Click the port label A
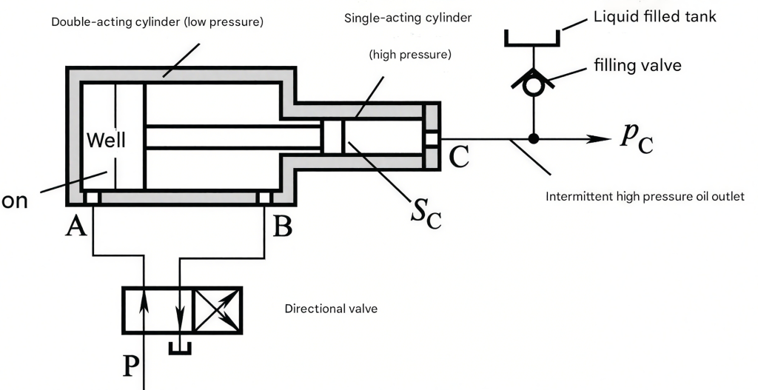coord(76,226)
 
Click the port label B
coord(283,226)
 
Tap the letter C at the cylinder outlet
coord(459,157)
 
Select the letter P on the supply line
coord(129,366)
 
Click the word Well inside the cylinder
coord(106,140)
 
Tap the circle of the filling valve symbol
coord(533,86)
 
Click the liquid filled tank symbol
coord(532,38)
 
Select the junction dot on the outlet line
coord(533,138)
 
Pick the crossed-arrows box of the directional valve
coord(218,310)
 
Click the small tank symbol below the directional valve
coord(180,349)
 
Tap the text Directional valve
coord(331,309)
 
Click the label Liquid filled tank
coord(655,17)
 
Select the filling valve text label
coord(637,65)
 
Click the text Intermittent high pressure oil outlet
coord(645,197)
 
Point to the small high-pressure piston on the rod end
coord(332,136)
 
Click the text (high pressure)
coord(410,55)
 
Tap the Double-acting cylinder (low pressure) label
coord(158,22)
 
